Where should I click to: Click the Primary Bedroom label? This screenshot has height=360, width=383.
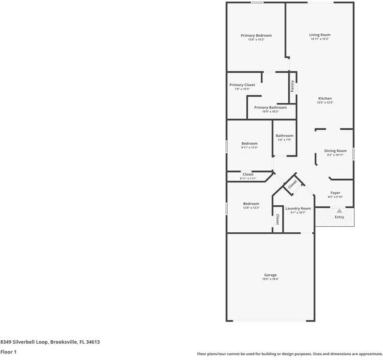(256, 35)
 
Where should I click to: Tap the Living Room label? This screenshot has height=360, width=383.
(319, 35)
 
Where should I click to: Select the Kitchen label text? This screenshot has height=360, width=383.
(324, 98)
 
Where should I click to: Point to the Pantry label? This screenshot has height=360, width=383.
(292, 86)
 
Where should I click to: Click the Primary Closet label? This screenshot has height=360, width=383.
(242, 85)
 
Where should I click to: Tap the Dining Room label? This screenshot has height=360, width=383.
(335, 151)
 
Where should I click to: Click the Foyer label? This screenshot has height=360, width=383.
(335, 193)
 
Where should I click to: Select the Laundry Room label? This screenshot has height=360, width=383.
(298, 208)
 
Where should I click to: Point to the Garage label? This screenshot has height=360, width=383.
(270, 275)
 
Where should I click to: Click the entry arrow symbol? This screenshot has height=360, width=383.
(339, 211)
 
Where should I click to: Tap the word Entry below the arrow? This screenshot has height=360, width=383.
(339, 217)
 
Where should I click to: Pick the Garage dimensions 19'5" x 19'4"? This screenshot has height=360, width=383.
(270, 279)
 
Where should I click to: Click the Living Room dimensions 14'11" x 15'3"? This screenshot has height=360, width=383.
(319, 39)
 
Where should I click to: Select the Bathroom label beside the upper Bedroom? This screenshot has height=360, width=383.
(284, 136)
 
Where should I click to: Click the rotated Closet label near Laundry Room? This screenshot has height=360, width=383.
(292, 185)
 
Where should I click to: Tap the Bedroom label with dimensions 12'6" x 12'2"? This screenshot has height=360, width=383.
(251, 204)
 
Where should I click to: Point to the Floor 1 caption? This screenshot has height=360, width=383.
(8, 352)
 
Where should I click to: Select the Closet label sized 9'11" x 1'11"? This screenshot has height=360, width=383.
(248, 175)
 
